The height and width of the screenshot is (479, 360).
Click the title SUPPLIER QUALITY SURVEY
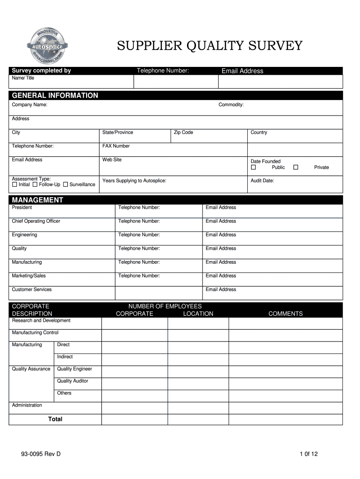[x=209, y=46]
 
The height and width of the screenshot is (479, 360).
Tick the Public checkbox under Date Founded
[x=253, y=167]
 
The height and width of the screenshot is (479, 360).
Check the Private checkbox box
[x=295, y=167]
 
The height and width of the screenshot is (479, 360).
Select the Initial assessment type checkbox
[x=14, y=184]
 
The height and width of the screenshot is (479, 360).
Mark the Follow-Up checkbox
[x=35, y=184]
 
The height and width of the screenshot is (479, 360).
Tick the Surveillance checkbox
[x=65, y=184]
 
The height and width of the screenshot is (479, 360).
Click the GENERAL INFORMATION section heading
[x=55, y=95]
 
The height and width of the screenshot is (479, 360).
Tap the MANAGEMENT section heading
[x=37, y=200]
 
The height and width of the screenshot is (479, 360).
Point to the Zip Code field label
[x=183, y=132]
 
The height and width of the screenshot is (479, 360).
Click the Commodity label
[x=231, y=105]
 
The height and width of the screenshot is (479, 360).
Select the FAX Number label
[x=116, y=146]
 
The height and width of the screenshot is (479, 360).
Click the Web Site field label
[x=112, y=160]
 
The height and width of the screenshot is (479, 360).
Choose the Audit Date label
[x=262, y=181]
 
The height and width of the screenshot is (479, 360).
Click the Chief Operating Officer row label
[x=36, y=221]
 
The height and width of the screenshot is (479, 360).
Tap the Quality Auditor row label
[x=72, y=381]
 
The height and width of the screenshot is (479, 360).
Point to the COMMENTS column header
[x=285, y=313]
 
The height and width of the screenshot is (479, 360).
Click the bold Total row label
[x=55, y=419]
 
